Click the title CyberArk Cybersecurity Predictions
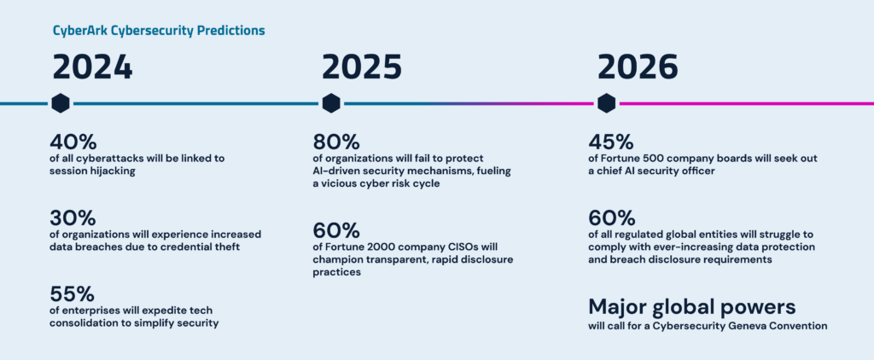coord(159,31)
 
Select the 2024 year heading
coord(92,68)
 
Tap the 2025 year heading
coord(362,68)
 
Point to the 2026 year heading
coord(638,68)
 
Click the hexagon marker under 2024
coord(61,103)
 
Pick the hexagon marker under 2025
coord(331,103)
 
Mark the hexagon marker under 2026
coord(607,103)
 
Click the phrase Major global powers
coord(692,306)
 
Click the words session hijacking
coord(92,171)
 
